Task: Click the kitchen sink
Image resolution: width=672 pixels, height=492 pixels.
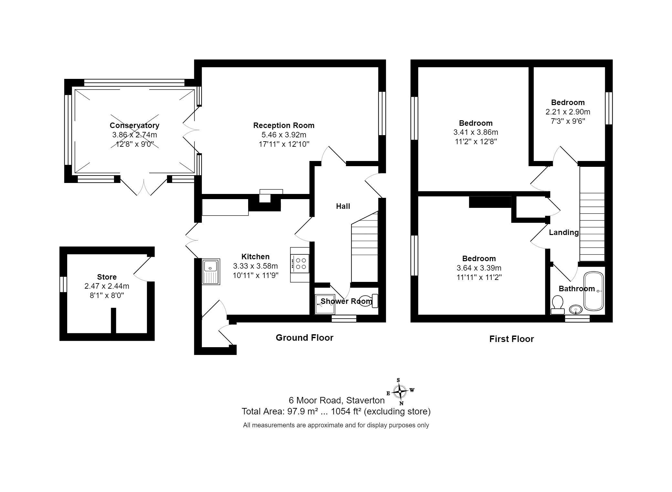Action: pyautogui.click(x=211, y=272)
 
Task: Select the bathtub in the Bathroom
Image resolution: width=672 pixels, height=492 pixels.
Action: pyautogui.click(x=593, y=291)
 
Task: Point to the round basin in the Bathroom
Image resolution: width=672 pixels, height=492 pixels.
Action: pyautogui.click(x=575, y=310)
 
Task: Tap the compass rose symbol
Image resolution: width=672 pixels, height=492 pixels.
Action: pyautogui.click(x=400, y=391)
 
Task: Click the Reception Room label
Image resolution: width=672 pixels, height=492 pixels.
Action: pyautogui.click(x=284, y=125)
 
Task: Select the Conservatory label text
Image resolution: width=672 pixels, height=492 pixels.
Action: pyautogui.click(x=134, y=125)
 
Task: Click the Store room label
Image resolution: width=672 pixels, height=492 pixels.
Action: pyautogui.click(x=107, y=277)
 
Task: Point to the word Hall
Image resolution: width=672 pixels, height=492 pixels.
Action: pyautogui.click(x=343, y=206)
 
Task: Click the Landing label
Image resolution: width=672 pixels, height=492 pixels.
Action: pyautogui.click(x=564, y=232)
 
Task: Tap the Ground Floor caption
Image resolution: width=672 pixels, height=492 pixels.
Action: pyautogui.click(x=304, y=338)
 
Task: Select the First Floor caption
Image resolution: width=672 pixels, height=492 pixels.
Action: pyautogui.click(x=511, y=339)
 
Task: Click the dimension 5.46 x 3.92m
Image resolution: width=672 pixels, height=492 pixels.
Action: pyautogui.click(x=284, y=135)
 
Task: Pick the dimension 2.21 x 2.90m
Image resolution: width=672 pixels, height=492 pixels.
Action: pyautogui.click(x=568, y=112)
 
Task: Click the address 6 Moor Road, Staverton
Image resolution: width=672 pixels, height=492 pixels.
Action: pyautogui.click(x=337, y=401)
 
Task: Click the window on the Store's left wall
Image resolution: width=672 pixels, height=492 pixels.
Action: pyautogui.click(x=63, y=284)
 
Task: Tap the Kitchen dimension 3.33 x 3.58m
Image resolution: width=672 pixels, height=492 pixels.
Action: pyautogui.click(x=256, y=266)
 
